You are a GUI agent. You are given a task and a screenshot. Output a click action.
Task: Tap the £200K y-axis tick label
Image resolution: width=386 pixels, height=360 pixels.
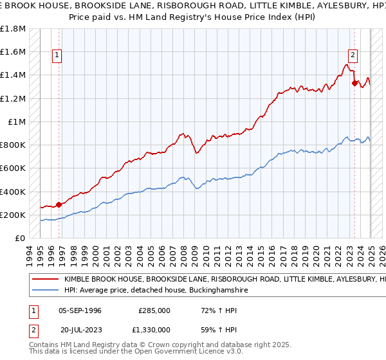13,215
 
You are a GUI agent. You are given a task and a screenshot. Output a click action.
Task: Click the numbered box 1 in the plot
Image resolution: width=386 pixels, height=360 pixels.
58,56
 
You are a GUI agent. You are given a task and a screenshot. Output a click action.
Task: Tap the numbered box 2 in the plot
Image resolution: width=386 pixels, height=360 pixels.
353,56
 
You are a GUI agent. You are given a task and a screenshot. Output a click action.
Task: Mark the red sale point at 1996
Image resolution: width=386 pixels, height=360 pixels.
59,204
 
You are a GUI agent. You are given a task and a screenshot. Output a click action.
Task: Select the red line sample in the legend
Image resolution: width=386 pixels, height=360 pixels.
46,280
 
